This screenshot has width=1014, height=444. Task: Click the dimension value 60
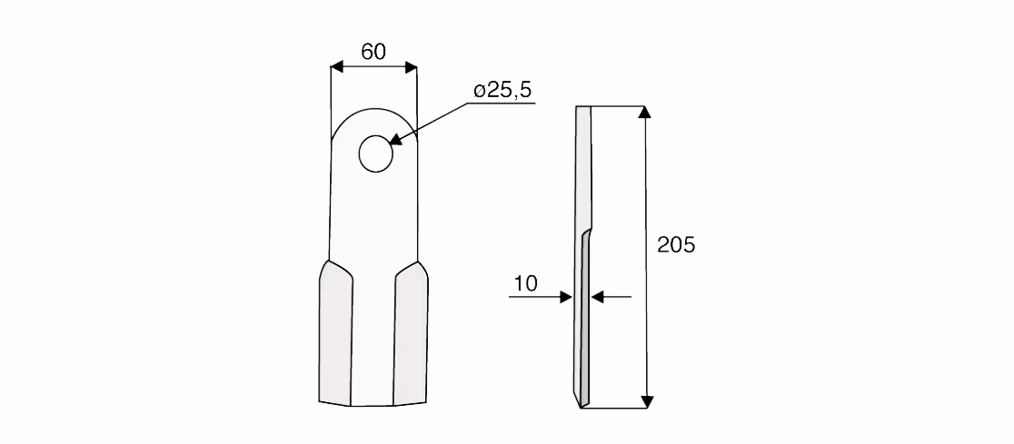click(x=373, y=52)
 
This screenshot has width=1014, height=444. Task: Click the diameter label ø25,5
click(x=502, y=90)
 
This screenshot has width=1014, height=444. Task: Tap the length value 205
click(x=676, y=245)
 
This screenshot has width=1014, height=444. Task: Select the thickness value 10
click(x=526, y=283)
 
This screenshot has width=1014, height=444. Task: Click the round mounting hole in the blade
click(x=376, y=153)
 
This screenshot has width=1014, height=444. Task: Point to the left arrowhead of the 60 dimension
click(x=337, y=67)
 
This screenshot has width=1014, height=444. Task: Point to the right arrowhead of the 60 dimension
click(x=411, y=67)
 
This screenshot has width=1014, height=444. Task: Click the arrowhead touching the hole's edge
click(x=396, y=139)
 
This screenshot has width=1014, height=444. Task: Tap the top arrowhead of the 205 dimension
click(x=645, y=113)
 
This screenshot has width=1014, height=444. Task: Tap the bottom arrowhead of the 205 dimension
click(x=646, y=401)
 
